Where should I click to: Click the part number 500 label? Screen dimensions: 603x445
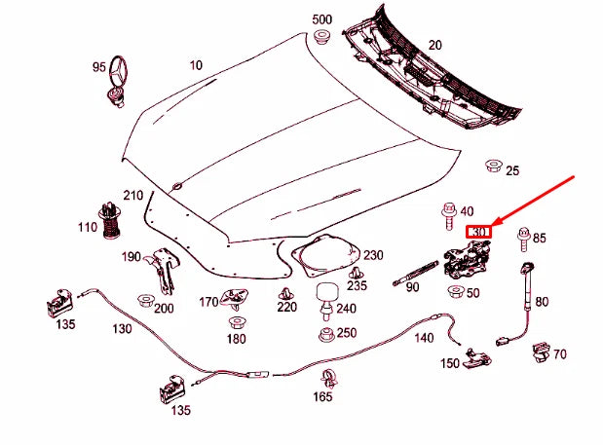point(321,20)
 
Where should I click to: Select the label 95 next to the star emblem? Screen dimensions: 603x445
point(99,66)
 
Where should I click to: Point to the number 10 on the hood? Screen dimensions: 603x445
point(197,65)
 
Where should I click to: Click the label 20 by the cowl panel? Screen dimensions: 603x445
point(434,45)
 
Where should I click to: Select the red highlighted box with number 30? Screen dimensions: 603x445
point(480,232)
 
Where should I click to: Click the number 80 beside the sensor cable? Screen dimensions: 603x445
point(542,302)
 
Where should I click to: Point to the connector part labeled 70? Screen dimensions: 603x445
point(538,352)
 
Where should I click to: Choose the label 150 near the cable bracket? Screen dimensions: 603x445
point(448,363)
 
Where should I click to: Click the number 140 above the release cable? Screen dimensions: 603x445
point(423,338)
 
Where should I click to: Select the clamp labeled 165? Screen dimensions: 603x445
point(326,380)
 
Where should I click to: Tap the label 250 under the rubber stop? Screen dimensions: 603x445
point(346,333)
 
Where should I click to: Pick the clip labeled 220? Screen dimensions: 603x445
point(285,293)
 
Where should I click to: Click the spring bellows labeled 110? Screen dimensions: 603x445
point(111,221)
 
